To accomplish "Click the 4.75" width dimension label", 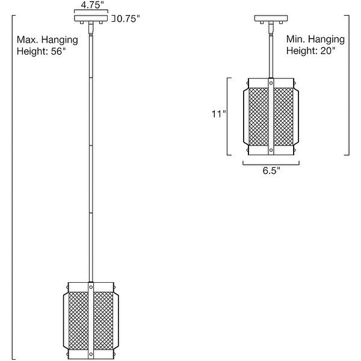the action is coord(91,5).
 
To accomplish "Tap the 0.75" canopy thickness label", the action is coord(128,19).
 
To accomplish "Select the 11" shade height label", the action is coord(219,114).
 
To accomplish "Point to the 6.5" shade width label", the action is coord(271,171).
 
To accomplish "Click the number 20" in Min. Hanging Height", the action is coord(328,51).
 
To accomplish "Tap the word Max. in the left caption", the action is coord(26,40).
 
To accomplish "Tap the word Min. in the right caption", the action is coord(295,39).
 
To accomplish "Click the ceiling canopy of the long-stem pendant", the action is coord(91,19).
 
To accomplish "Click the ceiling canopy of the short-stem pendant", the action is coord(271,19).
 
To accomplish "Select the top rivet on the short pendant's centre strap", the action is coord(271,82).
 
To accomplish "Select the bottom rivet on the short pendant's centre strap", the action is coord(271,150).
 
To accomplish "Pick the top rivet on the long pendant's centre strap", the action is coord(91,287).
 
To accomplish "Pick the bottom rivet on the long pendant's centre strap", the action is coord(91,354).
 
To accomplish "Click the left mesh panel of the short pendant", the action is coord(259,117).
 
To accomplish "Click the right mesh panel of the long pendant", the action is coord(103,321).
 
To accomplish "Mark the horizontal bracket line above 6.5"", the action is coord(271,164).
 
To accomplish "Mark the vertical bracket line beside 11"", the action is coord(228,116).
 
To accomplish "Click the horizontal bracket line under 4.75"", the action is coord(91,11).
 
